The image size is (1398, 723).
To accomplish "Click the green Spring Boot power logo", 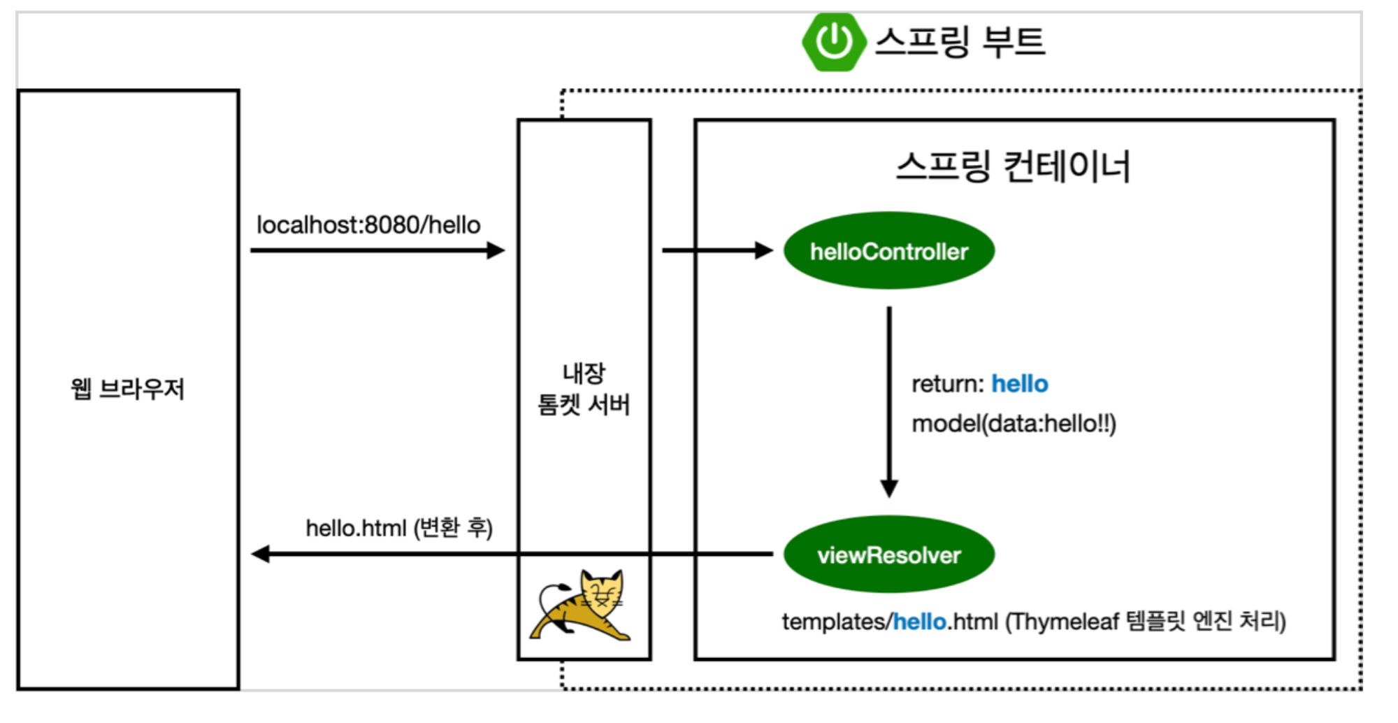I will pyautogui.click(x=833, y=41).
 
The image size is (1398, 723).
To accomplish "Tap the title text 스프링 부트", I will pyautogui.click(x=960, y=41).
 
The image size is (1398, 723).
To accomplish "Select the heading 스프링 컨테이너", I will pyautogui.click(x=1013, y=167).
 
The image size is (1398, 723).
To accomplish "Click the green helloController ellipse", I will pyautogui.click(x=888, y=251).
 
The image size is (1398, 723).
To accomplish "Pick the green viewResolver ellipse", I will pyautogui.click(x=888, y=554).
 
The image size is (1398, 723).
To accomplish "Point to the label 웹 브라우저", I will pyautogui.click(x=127, y=389).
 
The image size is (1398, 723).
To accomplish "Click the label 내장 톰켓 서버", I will pyautogui.click(x=584, y=389).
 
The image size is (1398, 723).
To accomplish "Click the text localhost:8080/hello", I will pyautogui.click(x=368, y=225).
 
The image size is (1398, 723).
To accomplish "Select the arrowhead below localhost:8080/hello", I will pyautogui.click(x=496, y=250).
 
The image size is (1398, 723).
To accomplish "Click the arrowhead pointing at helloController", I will pyautogui.click(x=764, y=250).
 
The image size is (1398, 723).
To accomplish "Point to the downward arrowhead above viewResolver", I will pyautogui.click(x=889, y=488).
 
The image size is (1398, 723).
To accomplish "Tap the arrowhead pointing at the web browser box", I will pyautogui.click(x=261, y=554).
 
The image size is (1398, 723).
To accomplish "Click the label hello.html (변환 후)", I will pyautogui.click(x=399, y=528).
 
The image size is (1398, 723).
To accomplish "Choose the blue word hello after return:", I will pyautogui.click(x=1020, y=384).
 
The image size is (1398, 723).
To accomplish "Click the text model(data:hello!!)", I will pyautogui.click(x=1014, y=424).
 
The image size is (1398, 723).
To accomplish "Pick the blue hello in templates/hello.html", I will pyautogui.click(x=919, y=622).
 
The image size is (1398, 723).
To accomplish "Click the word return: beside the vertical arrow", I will pyautogui.click(x=947, y=384).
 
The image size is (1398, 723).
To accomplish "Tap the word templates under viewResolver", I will pyautogui.click(x=833, y=622).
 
